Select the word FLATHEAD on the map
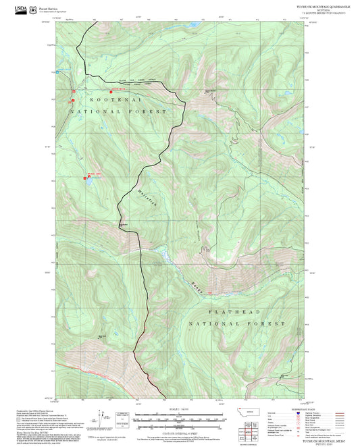pyautogui.click(x=237, y=312)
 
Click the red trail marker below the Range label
pyautogui.click(x=209, y=292)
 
